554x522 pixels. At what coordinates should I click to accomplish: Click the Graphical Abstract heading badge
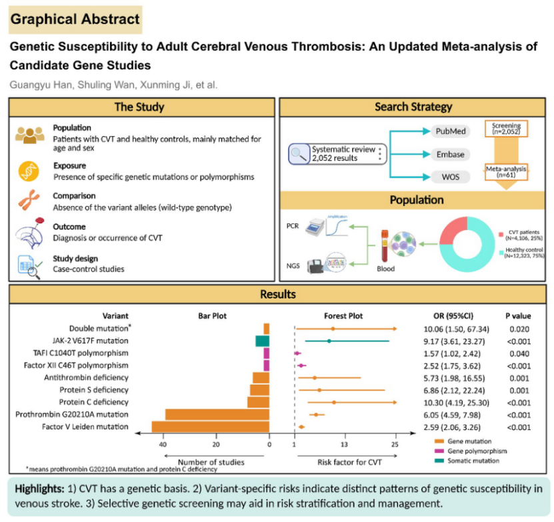point(75,19)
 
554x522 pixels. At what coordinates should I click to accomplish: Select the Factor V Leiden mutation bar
point(211,427)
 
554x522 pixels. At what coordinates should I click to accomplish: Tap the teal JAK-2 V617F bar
point(262,341)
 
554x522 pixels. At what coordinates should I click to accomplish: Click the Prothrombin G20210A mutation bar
point(217,415)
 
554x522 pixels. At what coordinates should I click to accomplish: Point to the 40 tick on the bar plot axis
point(162,444)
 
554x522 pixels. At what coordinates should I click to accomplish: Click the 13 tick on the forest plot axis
point(344,444)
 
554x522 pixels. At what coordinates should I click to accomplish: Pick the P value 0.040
point(517,353)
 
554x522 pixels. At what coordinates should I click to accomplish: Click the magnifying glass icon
point(297,155)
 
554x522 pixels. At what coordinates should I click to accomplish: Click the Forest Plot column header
point(344,315)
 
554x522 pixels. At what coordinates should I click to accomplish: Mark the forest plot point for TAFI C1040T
point(297,353)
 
